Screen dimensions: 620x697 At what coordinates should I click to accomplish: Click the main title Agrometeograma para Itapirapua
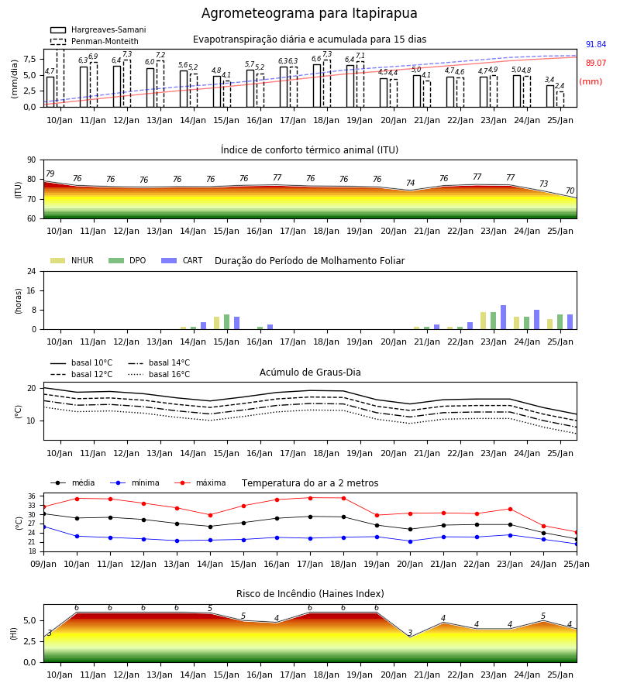309,13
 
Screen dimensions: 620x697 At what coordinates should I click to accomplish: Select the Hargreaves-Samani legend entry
98,29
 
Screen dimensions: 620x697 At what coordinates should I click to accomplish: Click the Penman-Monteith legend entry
95,41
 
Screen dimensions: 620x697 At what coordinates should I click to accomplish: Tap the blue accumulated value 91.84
595,44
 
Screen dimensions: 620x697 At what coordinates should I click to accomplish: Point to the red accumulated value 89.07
595,64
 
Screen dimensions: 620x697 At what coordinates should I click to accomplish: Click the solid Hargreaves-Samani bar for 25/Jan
550,96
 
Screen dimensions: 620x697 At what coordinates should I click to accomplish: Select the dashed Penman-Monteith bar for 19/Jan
360,84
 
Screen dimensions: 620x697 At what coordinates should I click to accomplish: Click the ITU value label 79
50,173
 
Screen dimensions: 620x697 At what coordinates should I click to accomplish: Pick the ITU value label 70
570,191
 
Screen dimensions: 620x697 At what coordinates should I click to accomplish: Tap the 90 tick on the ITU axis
31,160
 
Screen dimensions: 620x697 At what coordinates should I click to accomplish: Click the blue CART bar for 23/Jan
503,318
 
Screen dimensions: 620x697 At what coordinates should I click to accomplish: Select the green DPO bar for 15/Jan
227,322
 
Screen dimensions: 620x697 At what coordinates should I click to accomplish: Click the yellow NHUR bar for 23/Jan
483,321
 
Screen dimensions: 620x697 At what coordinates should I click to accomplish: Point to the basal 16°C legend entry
158,374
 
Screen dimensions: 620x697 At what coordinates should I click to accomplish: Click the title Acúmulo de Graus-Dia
310,373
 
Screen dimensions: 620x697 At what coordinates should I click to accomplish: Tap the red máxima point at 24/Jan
543,527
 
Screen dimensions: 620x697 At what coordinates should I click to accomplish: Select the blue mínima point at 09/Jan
44,527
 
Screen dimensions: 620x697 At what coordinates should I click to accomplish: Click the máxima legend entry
200,482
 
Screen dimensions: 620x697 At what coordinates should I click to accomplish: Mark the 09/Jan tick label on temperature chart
43,564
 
